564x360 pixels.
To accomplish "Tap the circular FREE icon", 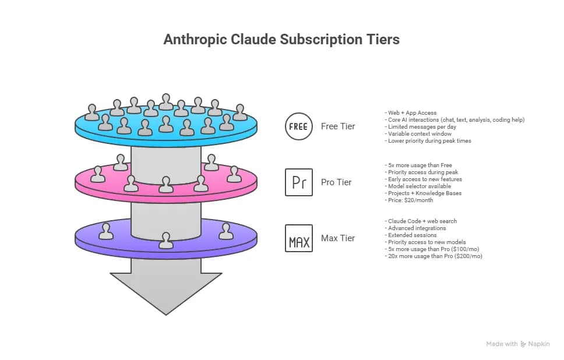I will (x=299, y=126).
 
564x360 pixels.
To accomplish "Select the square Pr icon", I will (x=299, y=182).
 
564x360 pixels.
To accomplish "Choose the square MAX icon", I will (x=299, y=238).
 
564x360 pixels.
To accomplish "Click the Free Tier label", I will (x=338, y=126).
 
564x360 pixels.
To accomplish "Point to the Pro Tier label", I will (x=336, y=182).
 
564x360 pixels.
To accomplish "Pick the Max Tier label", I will (x=338, y=238).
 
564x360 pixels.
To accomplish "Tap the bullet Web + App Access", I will (x=412, y=113).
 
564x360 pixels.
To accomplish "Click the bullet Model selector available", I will (x=420, y=186).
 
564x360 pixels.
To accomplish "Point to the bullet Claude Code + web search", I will (x=422, y=221).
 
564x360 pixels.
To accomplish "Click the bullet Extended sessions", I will (x=412, y=235).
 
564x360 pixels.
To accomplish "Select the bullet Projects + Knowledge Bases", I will (x=425, y=193).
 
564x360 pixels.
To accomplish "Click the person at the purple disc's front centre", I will (x=166, y=241).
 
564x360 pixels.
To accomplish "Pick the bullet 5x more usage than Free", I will (x=420, y=165).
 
